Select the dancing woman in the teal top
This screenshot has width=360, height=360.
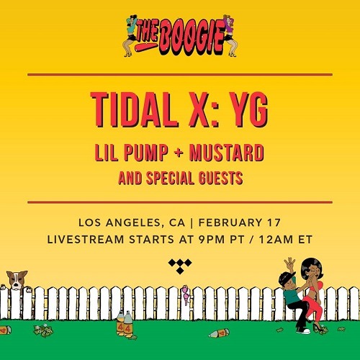tap(130, 36)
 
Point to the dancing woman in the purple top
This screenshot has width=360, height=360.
tap(230, 36)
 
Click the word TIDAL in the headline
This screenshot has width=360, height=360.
tap(135, 110)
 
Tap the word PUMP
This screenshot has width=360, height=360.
tap(146, 153)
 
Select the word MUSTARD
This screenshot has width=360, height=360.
tap(227, 153)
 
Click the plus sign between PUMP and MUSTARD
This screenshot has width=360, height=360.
tap(179, 153)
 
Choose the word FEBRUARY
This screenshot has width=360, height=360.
tap(230, 222)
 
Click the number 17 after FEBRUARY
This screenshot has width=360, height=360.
tap(274, 222)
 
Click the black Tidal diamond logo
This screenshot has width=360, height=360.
tap(180, 266)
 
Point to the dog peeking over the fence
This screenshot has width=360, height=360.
tap(17, 280)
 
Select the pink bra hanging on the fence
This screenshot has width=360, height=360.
tap(186, 294)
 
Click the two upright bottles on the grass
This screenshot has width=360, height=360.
tap(125, 323)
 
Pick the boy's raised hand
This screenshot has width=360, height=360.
tap(289, 264)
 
